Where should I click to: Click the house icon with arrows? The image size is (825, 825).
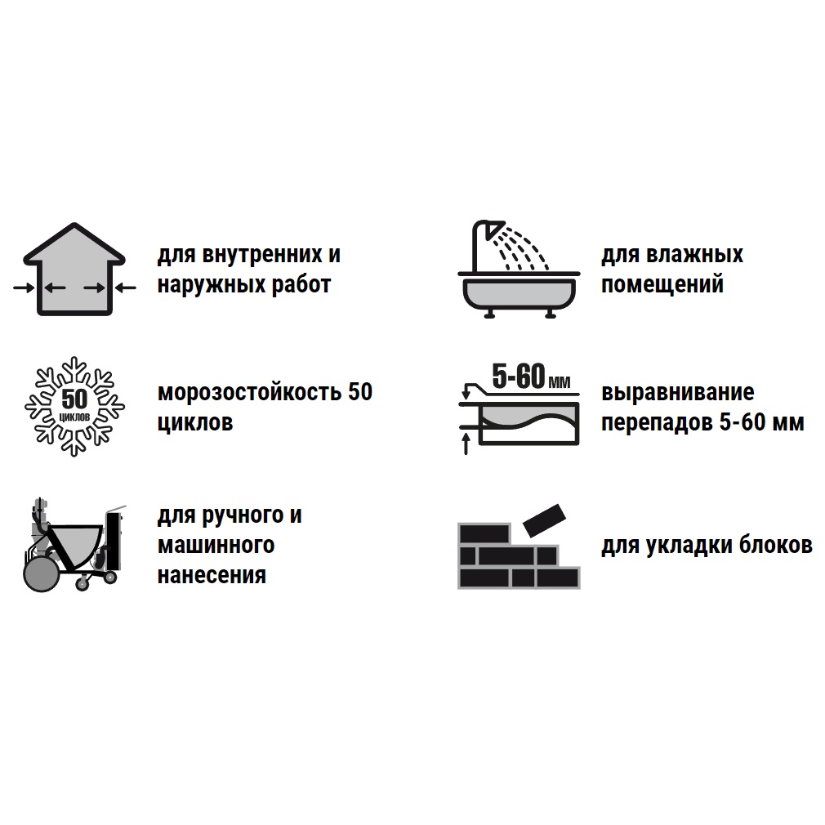pos(74,270)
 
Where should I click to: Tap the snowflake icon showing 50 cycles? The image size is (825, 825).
pos(74,406)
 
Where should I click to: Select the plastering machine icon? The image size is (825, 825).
pos(74,544)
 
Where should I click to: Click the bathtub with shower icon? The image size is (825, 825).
pos(519,270)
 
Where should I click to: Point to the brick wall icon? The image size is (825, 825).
pos(519,547)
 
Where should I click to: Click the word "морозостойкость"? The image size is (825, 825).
pos(249,393)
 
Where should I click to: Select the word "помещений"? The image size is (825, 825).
pos(662,284)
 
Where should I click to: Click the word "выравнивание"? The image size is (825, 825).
pos(678,393)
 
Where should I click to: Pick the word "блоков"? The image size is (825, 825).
pos(775,545)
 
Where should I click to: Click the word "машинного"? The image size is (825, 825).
pos(216,545)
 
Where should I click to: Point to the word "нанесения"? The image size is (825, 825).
pos(212,575)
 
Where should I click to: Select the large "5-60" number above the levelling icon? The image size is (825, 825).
pos(519,377)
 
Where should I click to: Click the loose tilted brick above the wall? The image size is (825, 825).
pos(544,520)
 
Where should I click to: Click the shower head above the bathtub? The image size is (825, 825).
pos(495,230)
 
